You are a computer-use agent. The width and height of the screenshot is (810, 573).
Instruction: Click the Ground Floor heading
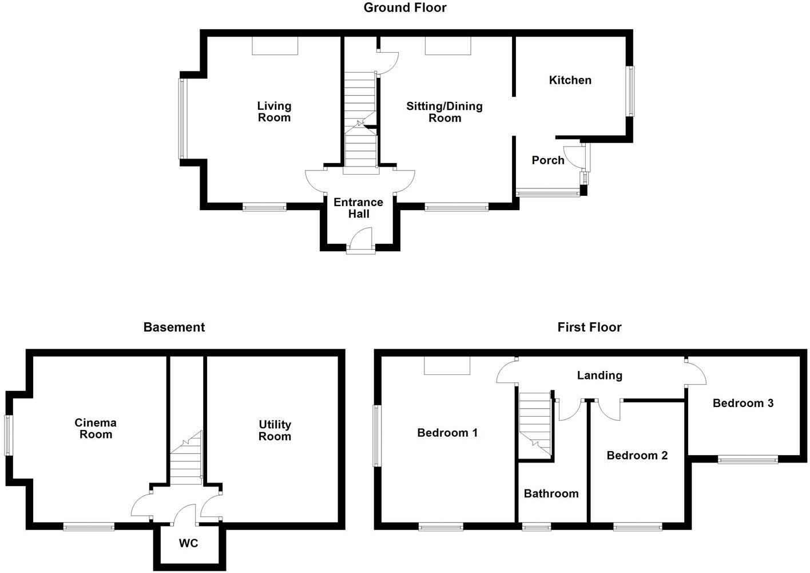[405, 8]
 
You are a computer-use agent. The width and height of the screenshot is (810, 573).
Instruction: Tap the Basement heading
[174, 327]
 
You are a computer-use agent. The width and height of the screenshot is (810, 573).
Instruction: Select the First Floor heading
[589, 327]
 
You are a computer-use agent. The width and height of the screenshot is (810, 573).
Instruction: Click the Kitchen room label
[570, 80]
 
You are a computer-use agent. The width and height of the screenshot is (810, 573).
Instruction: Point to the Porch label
[548, 160]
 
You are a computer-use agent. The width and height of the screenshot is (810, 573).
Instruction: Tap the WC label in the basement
[188, 543]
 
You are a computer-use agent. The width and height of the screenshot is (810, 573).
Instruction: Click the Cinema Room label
[96, 429]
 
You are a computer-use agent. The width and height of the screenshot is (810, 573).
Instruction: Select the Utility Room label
[275, 430]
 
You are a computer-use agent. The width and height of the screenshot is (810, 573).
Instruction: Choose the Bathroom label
[551, 493]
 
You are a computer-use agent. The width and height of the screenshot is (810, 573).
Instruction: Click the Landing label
[599, 376]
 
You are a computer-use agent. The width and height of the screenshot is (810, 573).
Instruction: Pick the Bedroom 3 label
[742, 403]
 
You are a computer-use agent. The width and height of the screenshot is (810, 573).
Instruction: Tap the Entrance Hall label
[359, 208]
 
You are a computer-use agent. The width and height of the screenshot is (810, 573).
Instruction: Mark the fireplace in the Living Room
[275, 46]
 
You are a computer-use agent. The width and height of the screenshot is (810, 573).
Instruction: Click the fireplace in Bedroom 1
[447, 365]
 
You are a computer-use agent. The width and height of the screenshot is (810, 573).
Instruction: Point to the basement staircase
[186, 458]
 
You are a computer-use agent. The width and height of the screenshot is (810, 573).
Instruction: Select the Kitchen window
[630, 91]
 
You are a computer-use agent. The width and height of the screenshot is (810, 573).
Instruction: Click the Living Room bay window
[182, 118]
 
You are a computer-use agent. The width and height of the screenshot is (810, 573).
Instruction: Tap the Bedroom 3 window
[748, 459]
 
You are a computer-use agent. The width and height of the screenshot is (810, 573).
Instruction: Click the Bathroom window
[537, 527]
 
